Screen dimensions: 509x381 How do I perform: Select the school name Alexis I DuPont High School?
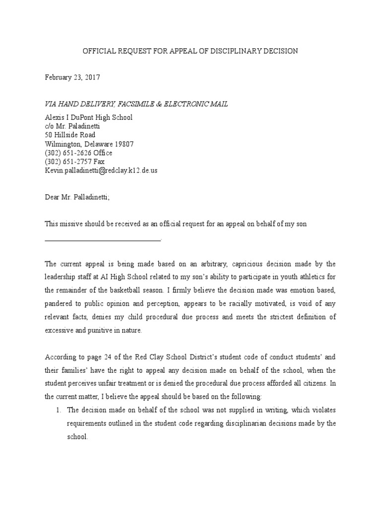tap(89, 117)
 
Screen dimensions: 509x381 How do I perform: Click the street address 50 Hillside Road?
tap(70, 135)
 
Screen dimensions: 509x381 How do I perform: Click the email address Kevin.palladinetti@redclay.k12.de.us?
tap(101, 170)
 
